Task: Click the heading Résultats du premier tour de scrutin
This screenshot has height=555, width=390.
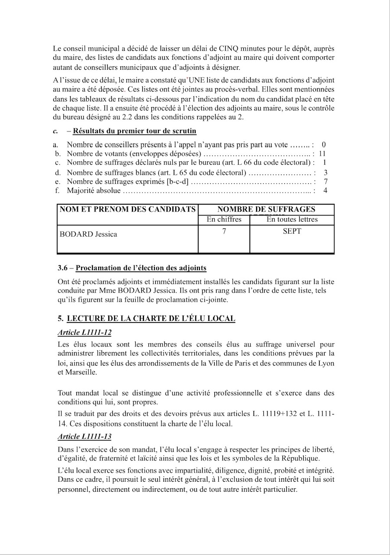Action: tap(134, 131)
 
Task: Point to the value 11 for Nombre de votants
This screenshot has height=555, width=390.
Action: tap(322, 153)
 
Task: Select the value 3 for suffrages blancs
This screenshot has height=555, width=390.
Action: tap(325, 173)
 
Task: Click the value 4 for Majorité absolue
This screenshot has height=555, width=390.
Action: tap(325, 190)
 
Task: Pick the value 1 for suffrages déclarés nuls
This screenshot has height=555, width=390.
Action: tap(324, 163)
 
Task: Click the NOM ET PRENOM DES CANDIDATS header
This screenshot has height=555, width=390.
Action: tap(128, 209)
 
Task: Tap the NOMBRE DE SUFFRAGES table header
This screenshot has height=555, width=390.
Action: tap(266, 209)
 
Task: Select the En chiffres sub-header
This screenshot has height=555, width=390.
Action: tap(224, 219)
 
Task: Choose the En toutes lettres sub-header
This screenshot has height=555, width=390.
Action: tap(292, 219)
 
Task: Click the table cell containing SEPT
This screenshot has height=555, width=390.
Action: tap(292, 231)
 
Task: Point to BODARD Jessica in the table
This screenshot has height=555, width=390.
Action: tap(88, 234)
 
